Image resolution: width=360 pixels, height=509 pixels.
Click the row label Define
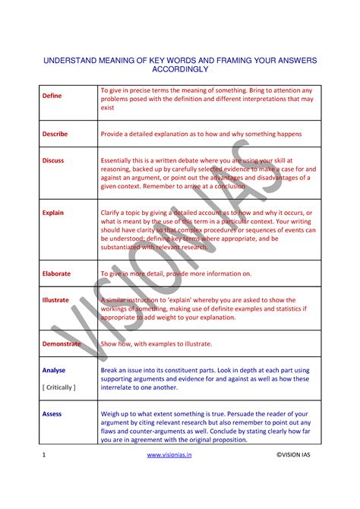[52, 96]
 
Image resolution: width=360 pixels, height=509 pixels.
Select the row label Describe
[55, 134]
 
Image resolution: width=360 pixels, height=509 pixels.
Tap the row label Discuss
[53, 161]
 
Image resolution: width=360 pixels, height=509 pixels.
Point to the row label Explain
[53, 213]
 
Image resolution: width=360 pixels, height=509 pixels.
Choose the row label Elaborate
[56, 273]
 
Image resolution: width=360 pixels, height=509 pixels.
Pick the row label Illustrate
[55, 300]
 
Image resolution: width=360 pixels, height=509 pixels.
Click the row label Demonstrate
[62, 343]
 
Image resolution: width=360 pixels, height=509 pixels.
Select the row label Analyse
[54, 370]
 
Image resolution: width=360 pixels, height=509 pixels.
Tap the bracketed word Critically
[59, 387]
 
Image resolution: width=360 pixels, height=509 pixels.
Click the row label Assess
[52, 414]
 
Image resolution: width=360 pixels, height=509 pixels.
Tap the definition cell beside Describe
[201, 134]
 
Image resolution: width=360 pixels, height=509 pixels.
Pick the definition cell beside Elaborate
[175, 273]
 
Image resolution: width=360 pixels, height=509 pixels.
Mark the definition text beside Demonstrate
[156, 343]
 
